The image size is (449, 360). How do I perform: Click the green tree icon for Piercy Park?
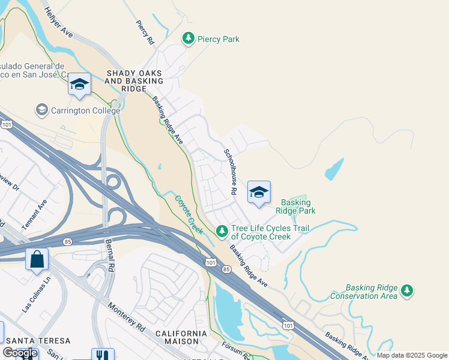(x=188, y=39)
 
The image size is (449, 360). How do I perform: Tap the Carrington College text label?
(x=85, y=110)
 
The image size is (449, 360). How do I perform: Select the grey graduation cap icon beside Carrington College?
(x=41, y=110)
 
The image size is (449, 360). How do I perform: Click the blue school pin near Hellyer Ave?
(x=79, y=84)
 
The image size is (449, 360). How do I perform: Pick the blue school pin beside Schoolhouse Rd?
(x=259, y=192)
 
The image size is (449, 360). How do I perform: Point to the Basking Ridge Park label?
(x=295, y=206)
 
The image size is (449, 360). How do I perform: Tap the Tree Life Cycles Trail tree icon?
(x=222, y=231)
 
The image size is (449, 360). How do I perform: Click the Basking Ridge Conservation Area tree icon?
(x=408, y=291)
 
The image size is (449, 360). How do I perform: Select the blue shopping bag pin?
(x=37, y=260)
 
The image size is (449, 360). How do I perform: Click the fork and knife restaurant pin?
(x=102, y=355)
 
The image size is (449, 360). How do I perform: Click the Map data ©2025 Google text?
(x=412, y=355)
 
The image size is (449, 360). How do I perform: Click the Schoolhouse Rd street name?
(x=230, y=172)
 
